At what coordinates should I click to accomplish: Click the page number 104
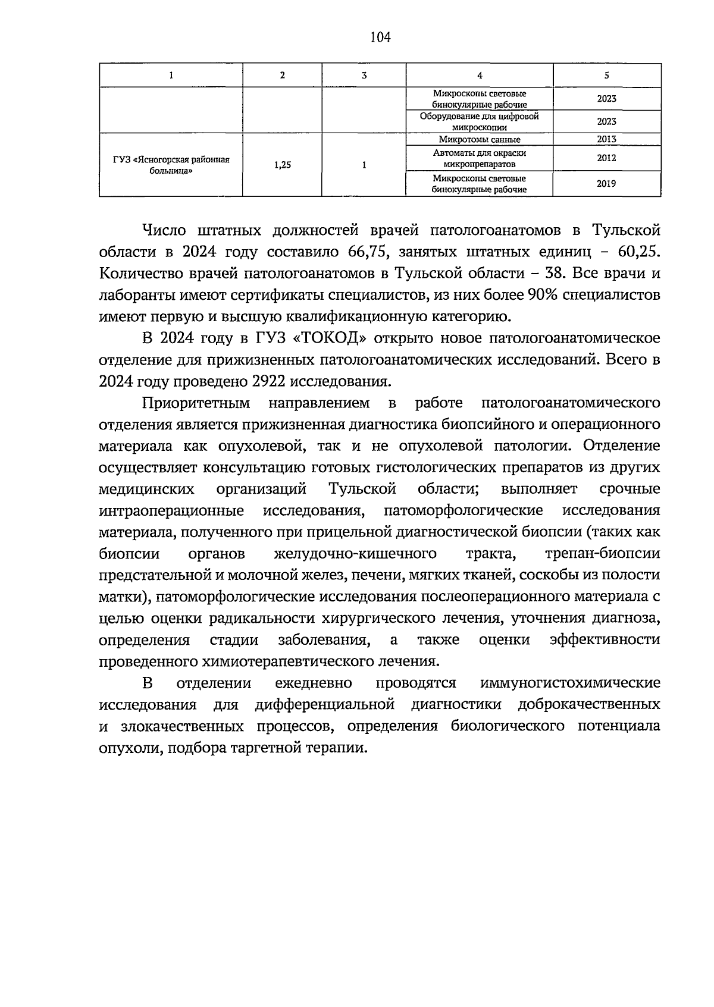(x=380, y=37)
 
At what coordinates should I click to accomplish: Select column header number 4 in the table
(x=480, y=75)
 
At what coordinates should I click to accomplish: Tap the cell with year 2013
(x=606, y=139)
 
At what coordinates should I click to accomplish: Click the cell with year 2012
(x=606, y=158)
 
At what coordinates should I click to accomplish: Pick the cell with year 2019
(x=606, y=184)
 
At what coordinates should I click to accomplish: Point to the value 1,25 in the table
(x=282, y=165)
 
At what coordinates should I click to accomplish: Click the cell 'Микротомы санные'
(x=480, y=139)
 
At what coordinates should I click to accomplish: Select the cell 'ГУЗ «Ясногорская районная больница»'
(x=171, y=165)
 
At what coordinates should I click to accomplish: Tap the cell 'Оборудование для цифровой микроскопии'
(x=480, y=121)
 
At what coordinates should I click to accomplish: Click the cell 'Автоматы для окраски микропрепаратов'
(x=480, y=158)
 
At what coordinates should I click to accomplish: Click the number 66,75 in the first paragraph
(x=367, y=252)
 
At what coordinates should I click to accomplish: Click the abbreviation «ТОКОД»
(x=329, y=338)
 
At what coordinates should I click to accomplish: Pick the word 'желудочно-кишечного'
(x=355, y=554)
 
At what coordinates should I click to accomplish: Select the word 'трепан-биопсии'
(x=602, y=554)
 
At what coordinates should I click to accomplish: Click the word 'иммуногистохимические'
(x=570, y=683)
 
